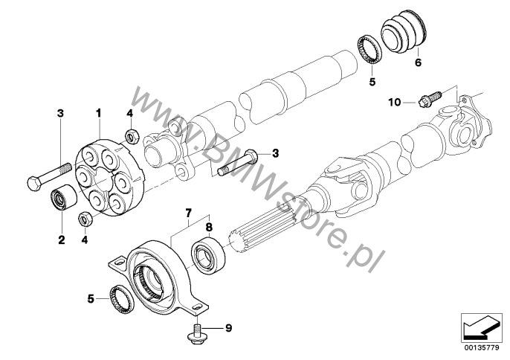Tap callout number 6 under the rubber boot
pyautogui.click(x=418, y=64)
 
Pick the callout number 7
pyautogui.click(x=189, y=213)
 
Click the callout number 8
pyautogui.click(x=209, y=228)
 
